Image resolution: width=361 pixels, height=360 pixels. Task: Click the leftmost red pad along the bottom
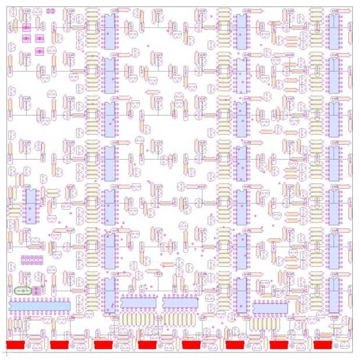tap(16, 345)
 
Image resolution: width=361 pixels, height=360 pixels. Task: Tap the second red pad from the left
tap(59, 345)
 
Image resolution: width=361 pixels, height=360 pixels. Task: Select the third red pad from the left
tap(103, 345)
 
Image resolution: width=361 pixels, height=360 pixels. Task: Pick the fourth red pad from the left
tap(147, 345)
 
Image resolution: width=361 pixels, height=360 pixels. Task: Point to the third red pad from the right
tap(235, 345)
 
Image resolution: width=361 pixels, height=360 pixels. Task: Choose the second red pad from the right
tap(278, 345)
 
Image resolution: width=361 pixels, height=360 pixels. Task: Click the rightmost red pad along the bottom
tap(323, 345)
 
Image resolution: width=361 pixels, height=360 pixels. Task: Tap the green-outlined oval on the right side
tap(278, 291)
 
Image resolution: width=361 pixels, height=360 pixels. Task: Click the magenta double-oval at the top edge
tap(49, 11)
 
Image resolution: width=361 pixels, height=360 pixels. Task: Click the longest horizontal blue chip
tap(40, 305)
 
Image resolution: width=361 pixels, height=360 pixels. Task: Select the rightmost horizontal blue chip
tap(271, 307)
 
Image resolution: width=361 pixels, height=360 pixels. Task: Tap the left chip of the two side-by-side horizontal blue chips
tap(139, 303)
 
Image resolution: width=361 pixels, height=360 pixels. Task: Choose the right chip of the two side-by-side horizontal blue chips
tap(180, 303)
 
